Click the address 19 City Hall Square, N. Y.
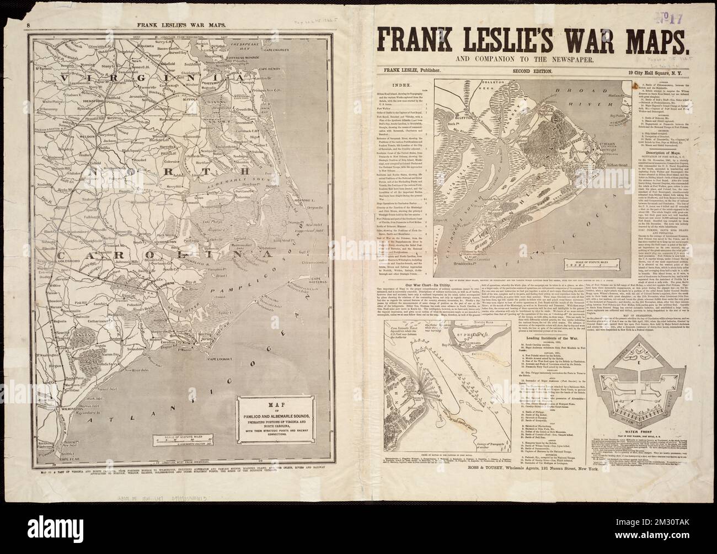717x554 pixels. click(651, 71)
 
